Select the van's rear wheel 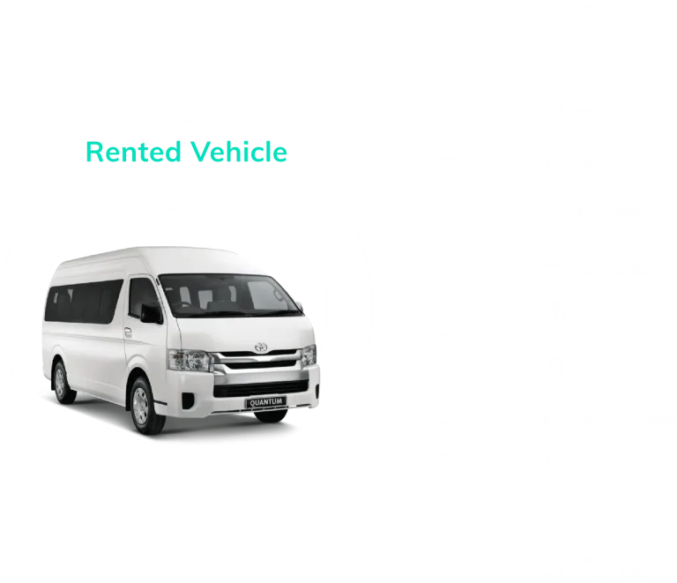tap(60, 380)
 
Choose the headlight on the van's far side tap(309, 355)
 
